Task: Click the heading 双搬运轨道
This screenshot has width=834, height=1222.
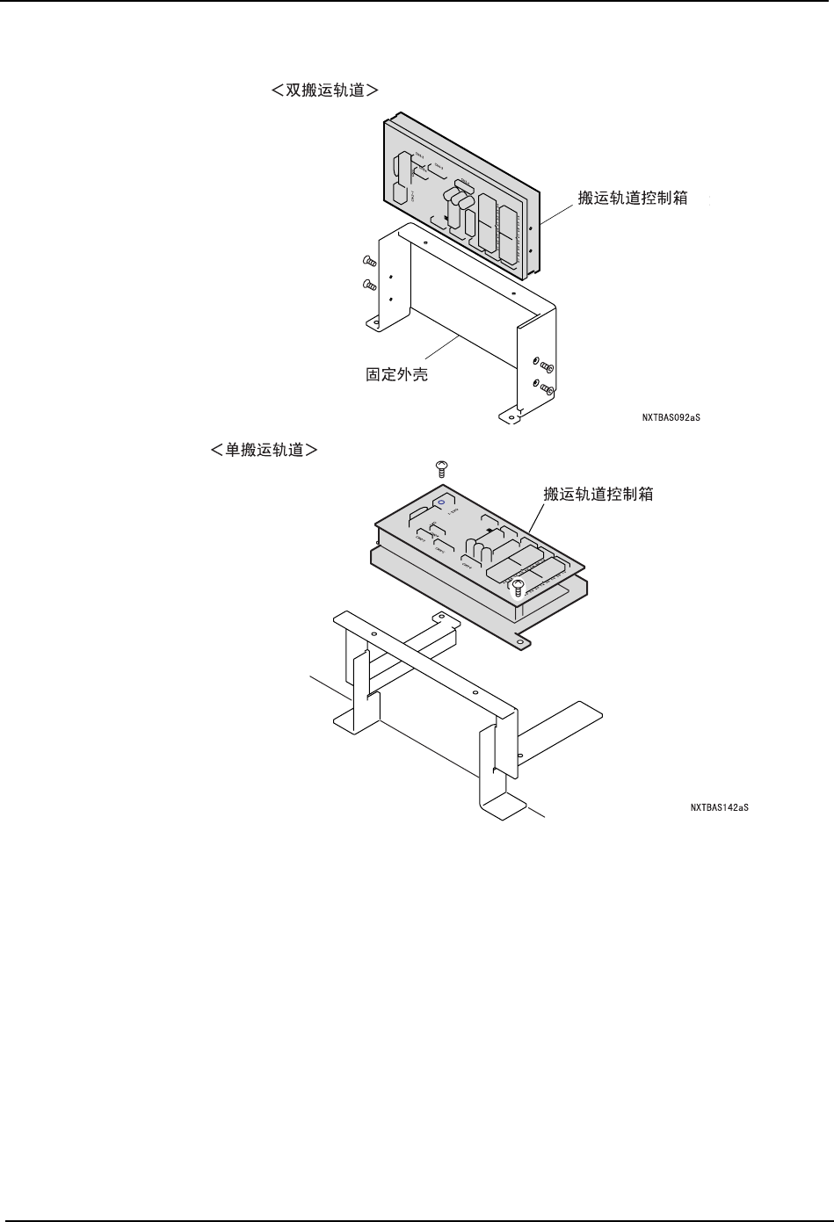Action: (325, 90)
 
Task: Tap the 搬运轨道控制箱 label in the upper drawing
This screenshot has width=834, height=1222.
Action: (633, 198)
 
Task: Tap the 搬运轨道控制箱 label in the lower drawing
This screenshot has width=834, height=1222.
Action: (598, 494)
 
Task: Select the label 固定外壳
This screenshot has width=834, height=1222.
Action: (396, 375)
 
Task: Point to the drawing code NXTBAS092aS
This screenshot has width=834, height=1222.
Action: (671, 418)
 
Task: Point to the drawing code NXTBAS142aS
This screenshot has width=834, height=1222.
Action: (719, 806)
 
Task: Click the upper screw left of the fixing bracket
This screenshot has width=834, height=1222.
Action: (370, 261)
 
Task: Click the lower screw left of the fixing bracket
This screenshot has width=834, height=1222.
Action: (370, 285)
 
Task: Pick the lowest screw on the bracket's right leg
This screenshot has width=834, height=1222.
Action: (545, 387)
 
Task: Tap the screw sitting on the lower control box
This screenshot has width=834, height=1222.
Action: (519, 586)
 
